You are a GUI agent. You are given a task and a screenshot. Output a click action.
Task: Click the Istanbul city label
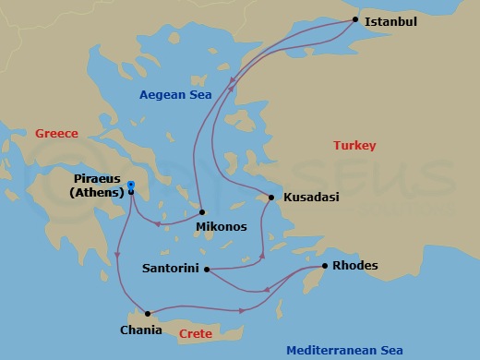(x=391, y=20)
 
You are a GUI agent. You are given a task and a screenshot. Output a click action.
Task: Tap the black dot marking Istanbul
(x=356, y=19)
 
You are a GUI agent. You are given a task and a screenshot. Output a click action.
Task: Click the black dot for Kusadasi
(x=271, y=198)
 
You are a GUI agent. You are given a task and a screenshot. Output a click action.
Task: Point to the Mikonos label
(x=222, y=225)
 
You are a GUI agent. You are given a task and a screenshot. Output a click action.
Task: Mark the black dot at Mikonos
(x=201, y=212)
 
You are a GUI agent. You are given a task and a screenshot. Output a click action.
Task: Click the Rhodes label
(x=354, y=267)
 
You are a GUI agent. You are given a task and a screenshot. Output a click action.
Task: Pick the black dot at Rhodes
(x=324, y=267)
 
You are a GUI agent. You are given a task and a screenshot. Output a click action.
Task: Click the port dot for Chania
(x=148, y=314)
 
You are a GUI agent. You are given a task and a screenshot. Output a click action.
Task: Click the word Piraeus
(x=100, y=180)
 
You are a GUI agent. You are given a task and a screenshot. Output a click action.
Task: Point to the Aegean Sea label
(x=175, y=94)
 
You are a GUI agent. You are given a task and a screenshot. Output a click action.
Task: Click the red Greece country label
(x=57, y=134)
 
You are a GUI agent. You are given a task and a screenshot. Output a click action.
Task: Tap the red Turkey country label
(x=354, y=146)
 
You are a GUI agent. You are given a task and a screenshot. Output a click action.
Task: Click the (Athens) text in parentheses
(x=96, y=193)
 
